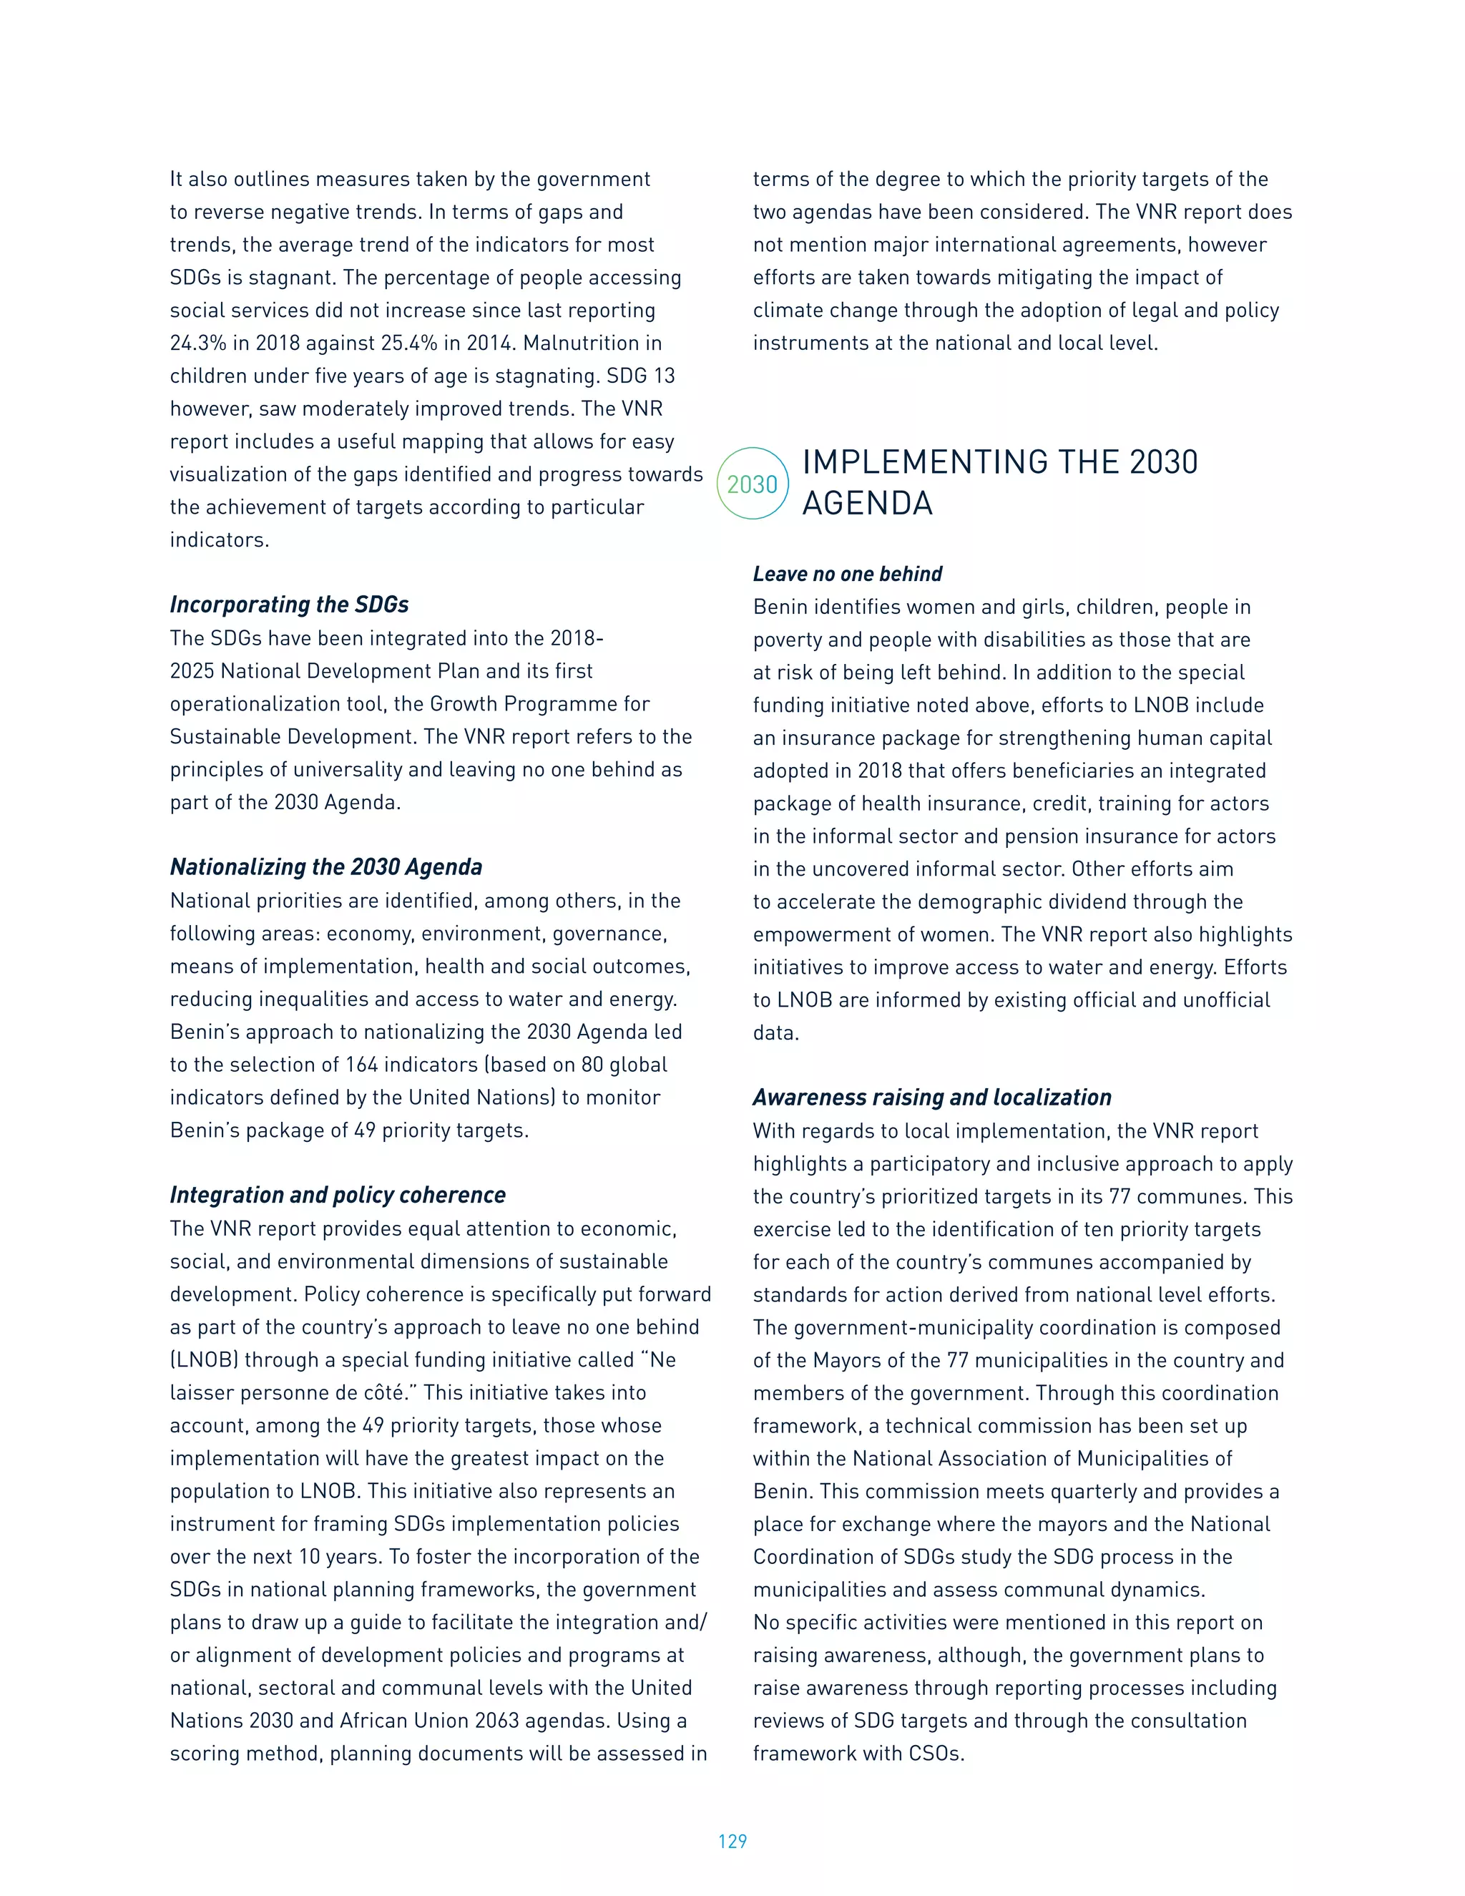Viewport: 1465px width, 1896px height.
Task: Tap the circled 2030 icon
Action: [x=753, y=484]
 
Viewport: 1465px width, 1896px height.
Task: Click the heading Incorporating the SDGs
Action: [x=289, y=605]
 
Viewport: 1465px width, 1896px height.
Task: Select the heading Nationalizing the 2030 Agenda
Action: [x=325, y=866]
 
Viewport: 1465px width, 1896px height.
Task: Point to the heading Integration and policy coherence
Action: [x=337, y=1195]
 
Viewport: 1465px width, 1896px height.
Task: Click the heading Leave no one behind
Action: [x=847, y=574]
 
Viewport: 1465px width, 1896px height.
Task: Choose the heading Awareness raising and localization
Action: [x=931, y=1098]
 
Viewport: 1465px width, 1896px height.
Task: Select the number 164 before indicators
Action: [x=361, y=1065]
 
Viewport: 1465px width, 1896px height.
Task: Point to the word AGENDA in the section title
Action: [x=867, y=504]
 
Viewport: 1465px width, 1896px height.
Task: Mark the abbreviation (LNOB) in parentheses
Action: [x=204, y=1359]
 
